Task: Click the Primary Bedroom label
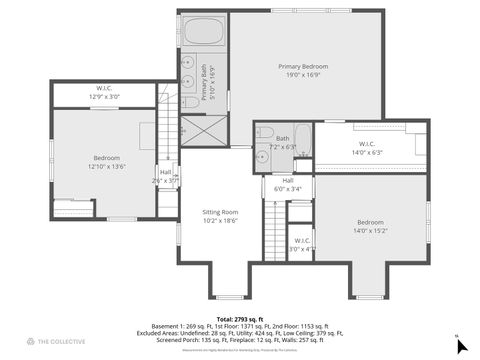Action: tap(303, 67)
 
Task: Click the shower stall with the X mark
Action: tap(204, 131)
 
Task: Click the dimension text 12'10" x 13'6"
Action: tap(107, 167)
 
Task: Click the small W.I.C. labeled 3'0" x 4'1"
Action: tap(302, 249)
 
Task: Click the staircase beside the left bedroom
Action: tap(166, 124)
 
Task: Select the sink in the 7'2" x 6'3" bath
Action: tap(261, 150)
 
